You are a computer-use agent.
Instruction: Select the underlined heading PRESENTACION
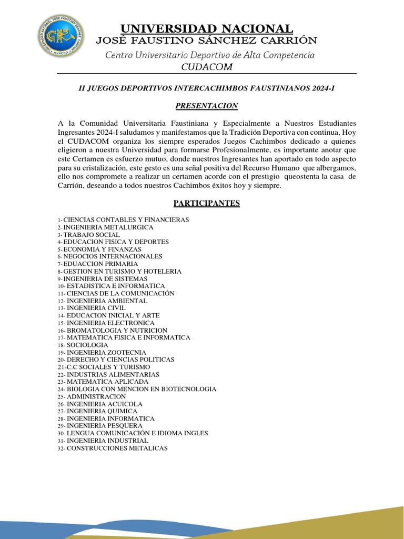[206, 106]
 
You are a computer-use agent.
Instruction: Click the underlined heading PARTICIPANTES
[206, 203]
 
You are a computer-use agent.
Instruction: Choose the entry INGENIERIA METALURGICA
[108, 227]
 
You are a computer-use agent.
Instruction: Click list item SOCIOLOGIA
[87, 345]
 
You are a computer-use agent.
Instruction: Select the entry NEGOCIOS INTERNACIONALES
[113, 256]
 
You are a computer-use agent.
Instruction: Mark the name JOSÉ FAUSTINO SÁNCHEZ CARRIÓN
[206, 41]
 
